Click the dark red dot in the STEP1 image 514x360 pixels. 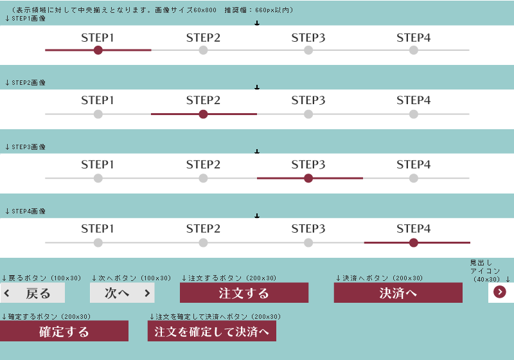click(x=98, y=50)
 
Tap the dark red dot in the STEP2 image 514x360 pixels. click(x=203, y=114)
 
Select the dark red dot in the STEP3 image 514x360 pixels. click(x=308, y=178)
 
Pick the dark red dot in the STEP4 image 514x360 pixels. click(x=414, y=242)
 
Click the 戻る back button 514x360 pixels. click(x=33, y=292)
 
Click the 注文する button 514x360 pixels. click(x=244, y=292)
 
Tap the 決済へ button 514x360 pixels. click(x=398, y=292)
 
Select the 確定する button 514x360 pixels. click(x=64, y=331)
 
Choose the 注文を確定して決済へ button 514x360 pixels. click(x=212, y=331)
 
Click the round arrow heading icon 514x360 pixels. click(x=500, y=292)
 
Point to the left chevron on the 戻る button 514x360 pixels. click(x=7, y=293)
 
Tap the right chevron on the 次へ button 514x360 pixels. click(x=147, y=293)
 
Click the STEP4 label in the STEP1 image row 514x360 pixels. click(x=414, y=38)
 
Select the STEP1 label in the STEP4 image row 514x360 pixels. click(x=98, y=228)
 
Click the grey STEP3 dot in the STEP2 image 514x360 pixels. click(x=308, y=114)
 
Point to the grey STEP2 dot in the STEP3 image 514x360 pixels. click(x=203, y=178)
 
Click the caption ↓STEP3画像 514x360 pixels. click(x=25, y=147)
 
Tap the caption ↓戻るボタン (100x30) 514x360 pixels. click(x=41, y=278)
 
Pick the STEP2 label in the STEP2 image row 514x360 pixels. click(x=203, y=100)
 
